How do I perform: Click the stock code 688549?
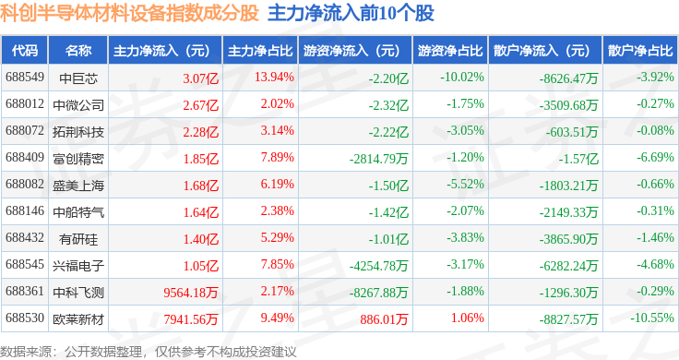[25, 78]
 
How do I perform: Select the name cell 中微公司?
[78, 105]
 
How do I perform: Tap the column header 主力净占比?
[260, 51]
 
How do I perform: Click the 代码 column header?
[25, 51]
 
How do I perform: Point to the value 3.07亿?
[200, 78]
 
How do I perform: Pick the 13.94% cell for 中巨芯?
[274, 78]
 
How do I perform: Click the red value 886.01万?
[384, 319]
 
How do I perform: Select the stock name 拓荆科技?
[78, 132]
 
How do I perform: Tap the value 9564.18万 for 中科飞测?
[191, 293]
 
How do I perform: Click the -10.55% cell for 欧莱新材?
[651, 318]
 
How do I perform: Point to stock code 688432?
[25, 238]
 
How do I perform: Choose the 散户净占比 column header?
[640, 51]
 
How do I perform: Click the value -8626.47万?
[568, 78]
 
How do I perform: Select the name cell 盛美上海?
[78, 186]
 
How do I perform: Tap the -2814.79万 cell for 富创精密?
[379, 159]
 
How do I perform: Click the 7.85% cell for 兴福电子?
[277, 264]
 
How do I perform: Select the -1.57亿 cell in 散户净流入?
[578, 159]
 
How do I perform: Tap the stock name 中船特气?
[78, 211]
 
